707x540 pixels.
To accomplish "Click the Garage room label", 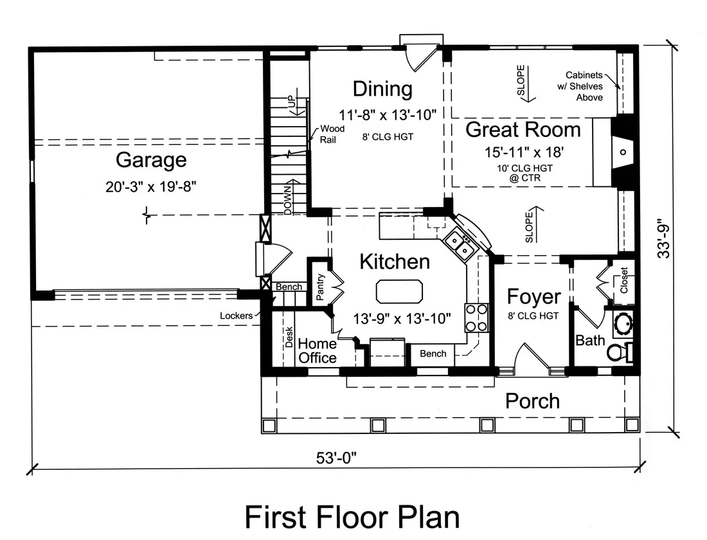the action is click(151, 160).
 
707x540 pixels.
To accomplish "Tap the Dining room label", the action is click(382, 89).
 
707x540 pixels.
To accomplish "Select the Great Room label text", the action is click(523, 129).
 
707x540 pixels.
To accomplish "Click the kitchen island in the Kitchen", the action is click(400, 291).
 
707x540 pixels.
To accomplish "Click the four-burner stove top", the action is click(477, 318).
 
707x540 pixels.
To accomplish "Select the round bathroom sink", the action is click(623, 323).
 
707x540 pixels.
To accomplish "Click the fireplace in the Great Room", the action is click(622, 152).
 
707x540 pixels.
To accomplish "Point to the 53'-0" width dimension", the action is click(336, 458).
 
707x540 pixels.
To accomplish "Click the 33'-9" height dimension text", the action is click(663, 239).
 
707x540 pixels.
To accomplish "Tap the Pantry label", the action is click(320, 287).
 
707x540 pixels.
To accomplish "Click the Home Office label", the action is click(317, 350).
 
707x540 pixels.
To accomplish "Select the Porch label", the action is click(533, 401).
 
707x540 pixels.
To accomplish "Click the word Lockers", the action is click(237, 316).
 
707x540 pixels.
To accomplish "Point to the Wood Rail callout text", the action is click(332, 134).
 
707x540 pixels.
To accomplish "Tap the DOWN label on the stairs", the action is click(289, 201).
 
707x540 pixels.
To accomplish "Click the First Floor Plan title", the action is click(352, 517).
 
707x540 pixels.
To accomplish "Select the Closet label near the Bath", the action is click(624, 280).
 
